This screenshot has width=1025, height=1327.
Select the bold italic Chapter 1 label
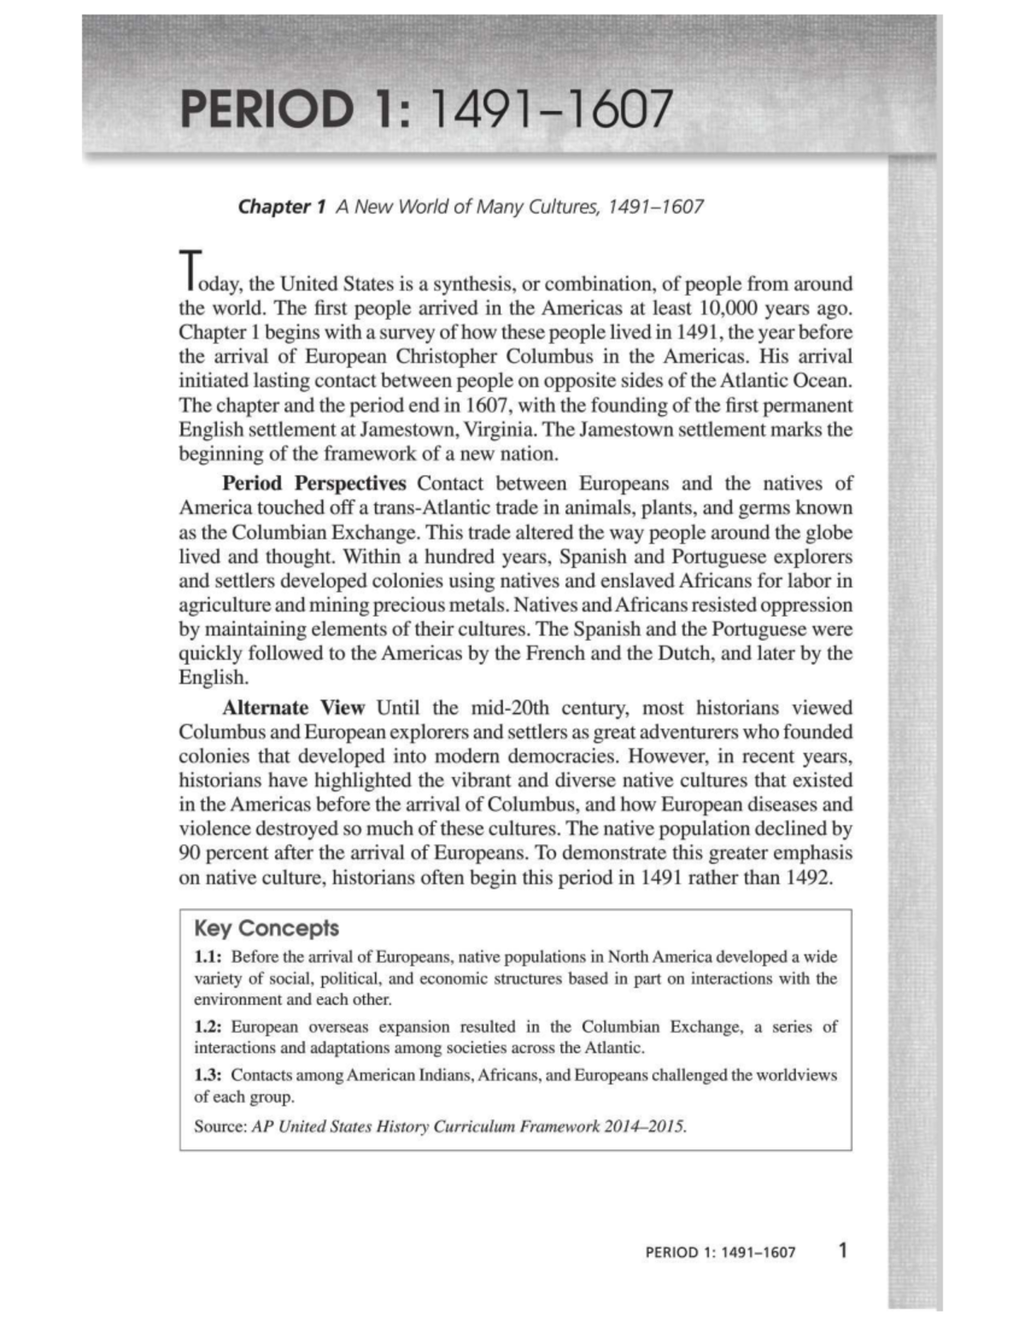(x=282, y=207)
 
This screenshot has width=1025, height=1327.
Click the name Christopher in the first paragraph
(x=445, y=356)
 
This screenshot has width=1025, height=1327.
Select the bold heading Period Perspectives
(x=314, y=484)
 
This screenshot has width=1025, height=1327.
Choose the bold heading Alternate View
(x=293, y=708)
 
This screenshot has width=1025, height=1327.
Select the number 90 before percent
(x=189, y=854)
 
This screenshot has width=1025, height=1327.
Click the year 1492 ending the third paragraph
(x=806, y=878)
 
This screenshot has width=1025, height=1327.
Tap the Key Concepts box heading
(x=266, y=929)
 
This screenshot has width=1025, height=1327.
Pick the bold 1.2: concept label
(x=208, y=1027)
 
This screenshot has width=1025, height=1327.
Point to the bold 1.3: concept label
(x=208, y=1075)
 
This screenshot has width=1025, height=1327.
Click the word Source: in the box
(x=220, y=1126)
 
